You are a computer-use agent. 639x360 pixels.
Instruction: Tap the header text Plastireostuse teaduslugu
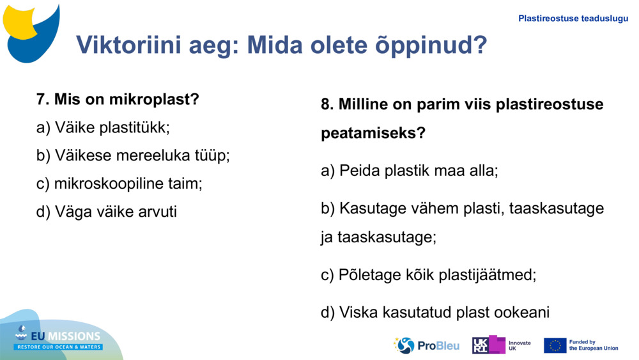coord(573,19)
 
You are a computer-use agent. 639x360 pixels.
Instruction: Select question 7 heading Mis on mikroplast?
coord(118,100)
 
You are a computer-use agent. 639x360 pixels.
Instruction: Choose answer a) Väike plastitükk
coord(103,128)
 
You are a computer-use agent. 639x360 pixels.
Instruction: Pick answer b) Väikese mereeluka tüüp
coord(133,155)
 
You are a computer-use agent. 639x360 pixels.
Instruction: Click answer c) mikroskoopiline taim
coord(119,184)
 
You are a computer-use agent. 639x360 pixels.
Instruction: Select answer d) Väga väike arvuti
coord(106,212)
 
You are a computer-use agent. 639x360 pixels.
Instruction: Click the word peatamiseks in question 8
coord(373,134)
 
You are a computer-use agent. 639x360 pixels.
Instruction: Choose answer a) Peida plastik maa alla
coord(409,171)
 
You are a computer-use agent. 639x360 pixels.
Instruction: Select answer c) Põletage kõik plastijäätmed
coord(428,275)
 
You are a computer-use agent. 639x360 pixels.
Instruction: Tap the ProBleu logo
coord(426,345)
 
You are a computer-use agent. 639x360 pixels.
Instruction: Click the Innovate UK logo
coord(501,345)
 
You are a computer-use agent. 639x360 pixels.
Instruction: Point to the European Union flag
coord(555,345)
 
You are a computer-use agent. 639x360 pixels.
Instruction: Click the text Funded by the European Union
coord(593,345)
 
